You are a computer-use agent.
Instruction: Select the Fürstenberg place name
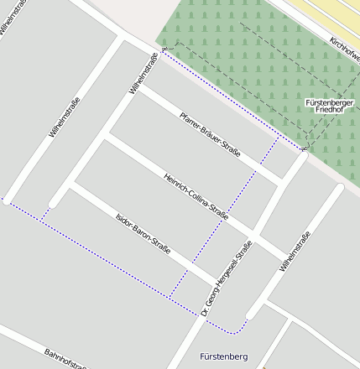point(225,357)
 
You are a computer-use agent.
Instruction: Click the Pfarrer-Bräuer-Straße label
point(211,134)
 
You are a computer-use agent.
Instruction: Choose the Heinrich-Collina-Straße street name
point(196,195)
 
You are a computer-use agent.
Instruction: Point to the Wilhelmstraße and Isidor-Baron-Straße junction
point(71,186)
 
